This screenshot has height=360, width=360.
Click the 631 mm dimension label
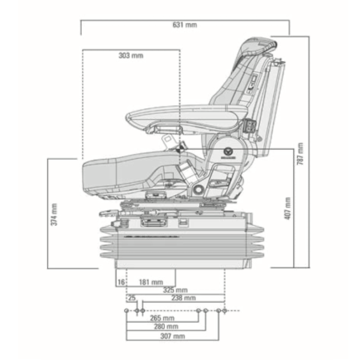click(185, 25)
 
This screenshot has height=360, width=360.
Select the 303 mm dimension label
click(131, 55)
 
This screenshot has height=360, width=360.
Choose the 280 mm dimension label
click(166, 327)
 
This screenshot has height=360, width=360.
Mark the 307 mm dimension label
click(172, 336)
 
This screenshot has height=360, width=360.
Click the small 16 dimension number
click(122, 282)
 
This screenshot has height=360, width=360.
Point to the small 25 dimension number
click(132, 297)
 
